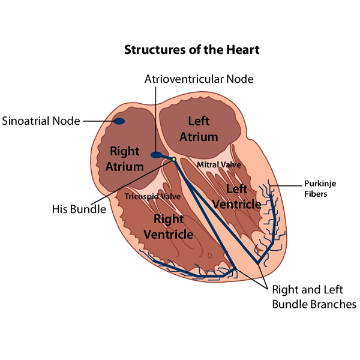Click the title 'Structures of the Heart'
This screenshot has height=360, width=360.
(191, 49)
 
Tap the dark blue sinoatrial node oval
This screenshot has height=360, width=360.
(119, 121)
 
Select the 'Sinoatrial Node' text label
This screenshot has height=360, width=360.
(41, 121)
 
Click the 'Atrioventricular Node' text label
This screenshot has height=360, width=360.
(199, 79)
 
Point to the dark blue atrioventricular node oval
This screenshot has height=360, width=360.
(157, 155)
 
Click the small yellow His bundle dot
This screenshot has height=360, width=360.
(173, 159)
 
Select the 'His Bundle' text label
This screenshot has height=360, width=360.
(79, 209)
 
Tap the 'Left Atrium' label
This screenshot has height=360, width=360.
(198, 128)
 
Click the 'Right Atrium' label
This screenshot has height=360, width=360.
(125, 159)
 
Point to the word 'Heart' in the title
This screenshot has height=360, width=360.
(244, 49)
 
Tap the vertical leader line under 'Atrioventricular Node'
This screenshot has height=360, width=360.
(156, 117)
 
